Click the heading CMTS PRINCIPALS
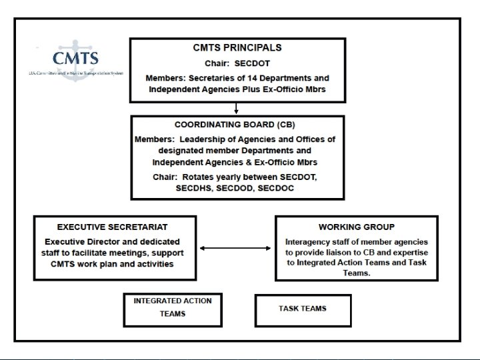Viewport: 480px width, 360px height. tap(237, 48)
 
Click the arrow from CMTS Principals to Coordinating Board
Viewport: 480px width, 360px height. tap(237, 109)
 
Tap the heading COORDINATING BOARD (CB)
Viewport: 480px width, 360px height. tap(235, 125)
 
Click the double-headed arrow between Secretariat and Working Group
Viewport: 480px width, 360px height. tap(236, 249)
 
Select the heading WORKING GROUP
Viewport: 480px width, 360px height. tap(356, 227)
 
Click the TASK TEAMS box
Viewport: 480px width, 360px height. tap(303, 309)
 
